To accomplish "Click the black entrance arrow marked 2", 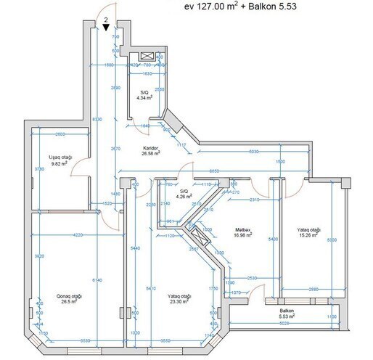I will (x=107, y=27).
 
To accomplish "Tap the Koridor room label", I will (x=151, y=150).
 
